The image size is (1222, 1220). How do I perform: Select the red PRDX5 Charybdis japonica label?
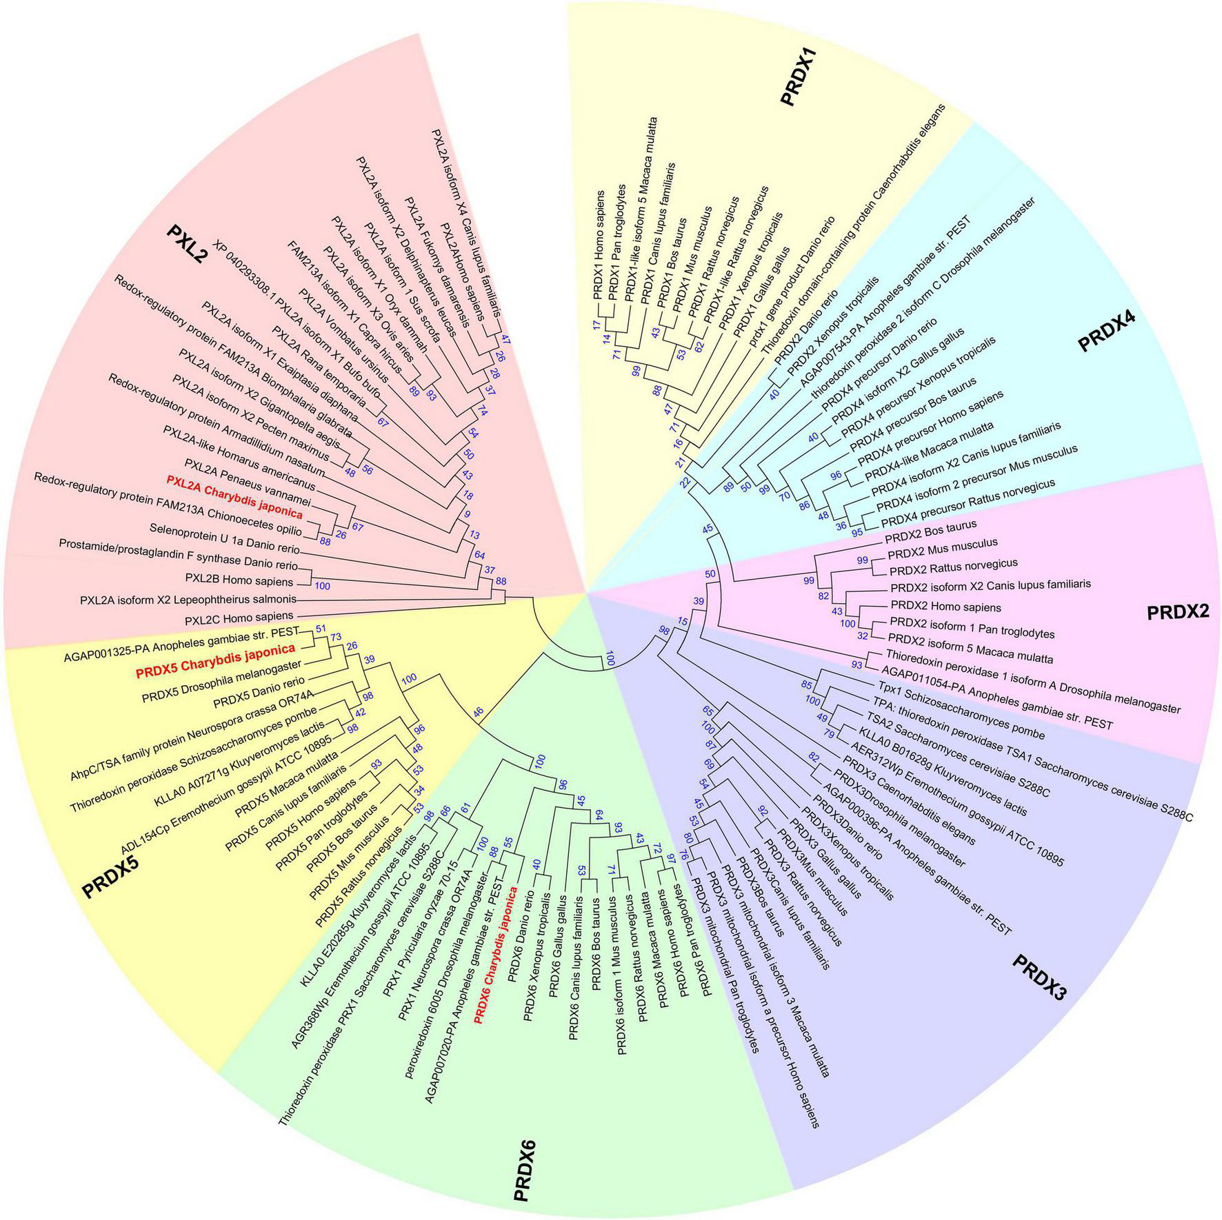(x=216, y=649)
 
